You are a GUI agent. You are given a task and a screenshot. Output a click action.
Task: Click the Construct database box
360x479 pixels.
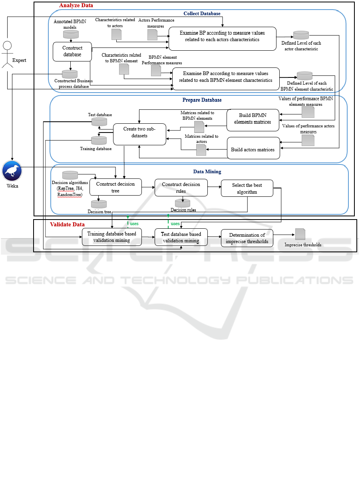pos(72,51)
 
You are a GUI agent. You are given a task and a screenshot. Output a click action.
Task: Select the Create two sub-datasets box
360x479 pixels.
pos(140,134)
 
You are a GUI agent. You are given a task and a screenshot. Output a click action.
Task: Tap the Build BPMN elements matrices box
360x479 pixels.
pos(253,119)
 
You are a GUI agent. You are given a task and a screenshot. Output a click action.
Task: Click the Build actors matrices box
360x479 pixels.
pos(253,150)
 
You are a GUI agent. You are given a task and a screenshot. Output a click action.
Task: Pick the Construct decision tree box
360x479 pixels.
pos(115,187)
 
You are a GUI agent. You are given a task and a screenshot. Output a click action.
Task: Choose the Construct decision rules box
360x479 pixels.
pos(181,188)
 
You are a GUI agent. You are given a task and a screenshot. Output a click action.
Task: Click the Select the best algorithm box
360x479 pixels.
pos(247,188)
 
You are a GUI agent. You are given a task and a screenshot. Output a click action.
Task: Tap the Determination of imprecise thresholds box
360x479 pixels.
pos(247,238)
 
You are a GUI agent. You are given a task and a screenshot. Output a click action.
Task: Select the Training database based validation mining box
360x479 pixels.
pos(112,237)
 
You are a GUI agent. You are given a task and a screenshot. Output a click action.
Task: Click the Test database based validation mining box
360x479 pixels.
pos(181,237)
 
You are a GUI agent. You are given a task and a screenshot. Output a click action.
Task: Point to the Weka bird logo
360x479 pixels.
pos(12,171)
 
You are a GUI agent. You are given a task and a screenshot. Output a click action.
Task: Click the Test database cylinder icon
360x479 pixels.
pos(99,122)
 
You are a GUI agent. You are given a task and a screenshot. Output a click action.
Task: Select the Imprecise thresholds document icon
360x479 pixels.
pos(300,234)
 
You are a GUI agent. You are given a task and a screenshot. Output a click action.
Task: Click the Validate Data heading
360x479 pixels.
pos(67,224)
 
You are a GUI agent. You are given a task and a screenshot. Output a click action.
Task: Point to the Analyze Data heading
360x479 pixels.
pos(76,6)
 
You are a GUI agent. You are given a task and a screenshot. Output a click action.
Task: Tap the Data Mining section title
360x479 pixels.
pos(207,172)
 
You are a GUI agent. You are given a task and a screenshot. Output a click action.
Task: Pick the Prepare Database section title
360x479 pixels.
pos(202,100)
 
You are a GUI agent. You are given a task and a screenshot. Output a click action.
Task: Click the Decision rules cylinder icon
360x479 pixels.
pos(183,203)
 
